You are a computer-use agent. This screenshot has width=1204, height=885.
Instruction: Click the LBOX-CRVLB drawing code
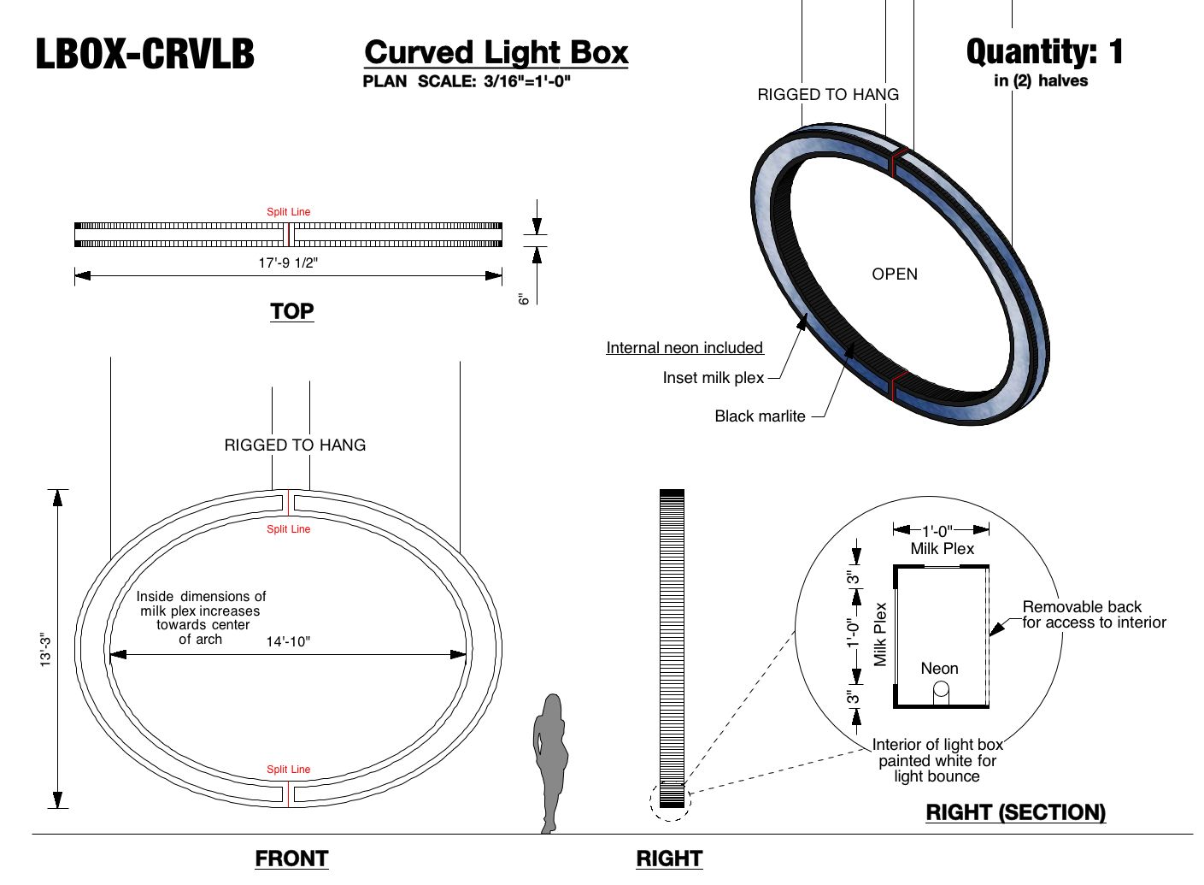(144, 54)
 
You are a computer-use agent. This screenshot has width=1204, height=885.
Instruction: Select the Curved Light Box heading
(496, 52)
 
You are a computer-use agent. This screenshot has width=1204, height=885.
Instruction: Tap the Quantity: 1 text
(1044, 52)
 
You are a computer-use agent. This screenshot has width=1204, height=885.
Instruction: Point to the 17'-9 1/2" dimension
(288, 263)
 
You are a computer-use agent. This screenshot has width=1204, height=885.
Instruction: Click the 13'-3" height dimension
(46, 649)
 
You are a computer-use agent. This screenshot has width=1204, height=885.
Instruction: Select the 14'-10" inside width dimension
(288, 641)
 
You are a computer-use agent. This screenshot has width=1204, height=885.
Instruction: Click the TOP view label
(291, 311)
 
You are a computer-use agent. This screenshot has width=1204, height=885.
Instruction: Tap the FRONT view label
(291, 858)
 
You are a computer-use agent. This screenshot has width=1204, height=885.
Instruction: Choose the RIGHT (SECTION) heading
(1015, 812)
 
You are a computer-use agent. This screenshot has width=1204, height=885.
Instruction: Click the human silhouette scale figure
(549, 761)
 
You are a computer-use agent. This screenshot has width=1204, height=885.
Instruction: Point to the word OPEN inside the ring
(895, 274)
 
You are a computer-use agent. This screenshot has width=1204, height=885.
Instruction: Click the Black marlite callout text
(760, 416)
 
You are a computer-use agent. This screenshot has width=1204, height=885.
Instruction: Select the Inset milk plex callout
(714, 378)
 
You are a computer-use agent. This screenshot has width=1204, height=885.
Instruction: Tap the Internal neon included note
(684, 348)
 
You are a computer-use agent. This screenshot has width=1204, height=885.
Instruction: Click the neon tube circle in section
(941, 690)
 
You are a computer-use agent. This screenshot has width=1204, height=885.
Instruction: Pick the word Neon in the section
(939, 669)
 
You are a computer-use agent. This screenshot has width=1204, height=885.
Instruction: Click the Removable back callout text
(1094, 615)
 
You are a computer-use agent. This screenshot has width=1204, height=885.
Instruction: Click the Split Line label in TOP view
(289, 212)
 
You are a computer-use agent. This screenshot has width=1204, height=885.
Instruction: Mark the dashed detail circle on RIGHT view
(670, 801)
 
